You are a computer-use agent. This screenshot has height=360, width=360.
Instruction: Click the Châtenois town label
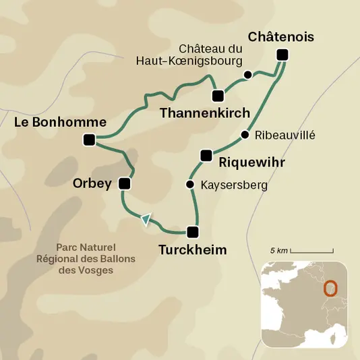(280, 37)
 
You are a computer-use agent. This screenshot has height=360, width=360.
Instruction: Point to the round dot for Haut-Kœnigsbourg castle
(247, 74)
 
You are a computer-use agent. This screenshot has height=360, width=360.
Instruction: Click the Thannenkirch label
(205, 113)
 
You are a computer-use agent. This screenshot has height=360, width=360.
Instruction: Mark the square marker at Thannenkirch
(217, 95)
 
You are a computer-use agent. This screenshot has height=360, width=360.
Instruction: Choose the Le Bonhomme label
(61, 122)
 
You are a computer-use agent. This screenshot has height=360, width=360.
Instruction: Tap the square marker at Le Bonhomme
(88, 140)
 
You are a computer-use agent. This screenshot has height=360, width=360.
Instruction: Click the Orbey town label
(92, 183)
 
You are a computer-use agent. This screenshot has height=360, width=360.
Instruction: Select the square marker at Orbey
(123, 183)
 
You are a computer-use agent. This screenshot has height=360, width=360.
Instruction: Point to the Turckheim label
(192, 250)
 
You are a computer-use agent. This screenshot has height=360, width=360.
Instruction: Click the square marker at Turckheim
(193, 233)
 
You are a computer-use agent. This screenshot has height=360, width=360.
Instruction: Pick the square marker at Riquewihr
(206, 156)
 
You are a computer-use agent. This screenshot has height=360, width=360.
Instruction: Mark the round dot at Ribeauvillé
(245, 135)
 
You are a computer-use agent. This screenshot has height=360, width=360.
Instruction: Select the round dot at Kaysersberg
(190, 185)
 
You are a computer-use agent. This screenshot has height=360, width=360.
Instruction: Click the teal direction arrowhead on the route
(145, 218)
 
